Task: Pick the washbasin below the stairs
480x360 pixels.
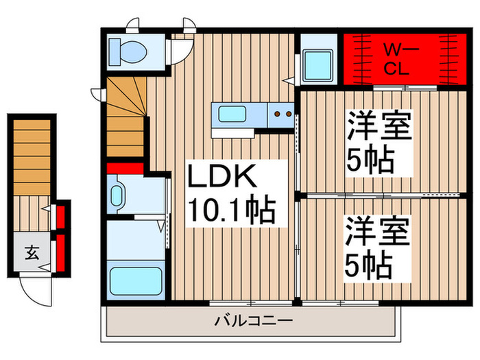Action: click(x=116, y=194)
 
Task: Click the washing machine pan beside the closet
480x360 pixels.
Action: click(x=318, y=65)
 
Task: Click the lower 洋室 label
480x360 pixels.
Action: click(x=376, y=232)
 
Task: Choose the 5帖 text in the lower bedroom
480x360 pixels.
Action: click(x=370, y=264)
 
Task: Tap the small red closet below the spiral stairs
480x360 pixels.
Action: click(x=124, y=168)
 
